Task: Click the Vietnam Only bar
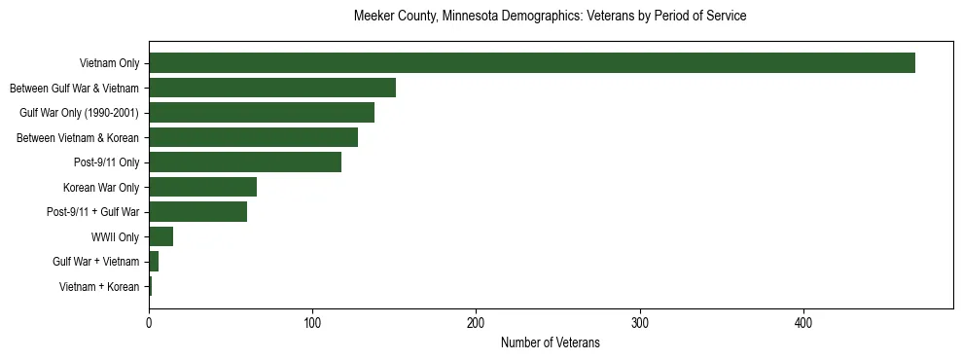point(531,63)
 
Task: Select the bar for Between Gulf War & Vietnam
point(272,88)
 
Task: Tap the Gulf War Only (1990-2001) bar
point(262,113)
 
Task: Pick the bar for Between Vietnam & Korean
point(253,137)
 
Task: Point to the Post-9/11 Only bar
point(245,162)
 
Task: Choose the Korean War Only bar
point(202,187)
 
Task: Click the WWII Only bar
point(160,236)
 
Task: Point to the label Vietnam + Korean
point(99,286)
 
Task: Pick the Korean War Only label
point(101,187)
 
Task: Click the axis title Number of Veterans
point(550,342)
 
